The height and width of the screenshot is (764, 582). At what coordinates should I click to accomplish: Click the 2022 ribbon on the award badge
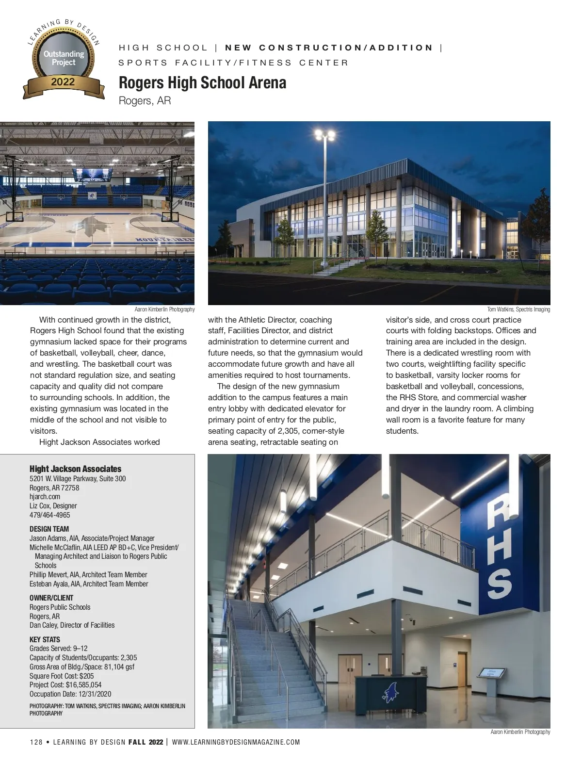click(x=63, y=83)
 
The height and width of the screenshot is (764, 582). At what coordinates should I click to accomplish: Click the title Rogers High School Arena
click(x=202, y=83)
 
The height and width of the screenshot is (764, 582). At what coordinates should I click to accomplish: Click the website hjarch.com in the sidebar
click(x=45, y=497)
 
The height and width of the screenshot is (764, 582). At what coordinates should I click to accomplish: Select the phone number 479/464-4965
click(x=49, y=515)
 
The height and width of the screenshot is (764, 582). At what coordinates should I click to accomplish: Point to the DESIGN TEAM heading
click(x=49, y=529)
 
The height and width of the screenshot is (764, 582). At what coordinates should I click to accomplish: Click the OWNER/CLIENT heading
click(x=51, y=598)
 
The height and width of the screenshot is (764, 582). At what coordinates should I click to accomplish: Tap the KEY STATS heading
click(x=45, y=639)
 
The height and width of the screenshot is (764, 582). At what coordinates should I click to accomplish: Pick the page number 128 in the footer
click(x=36, y=742)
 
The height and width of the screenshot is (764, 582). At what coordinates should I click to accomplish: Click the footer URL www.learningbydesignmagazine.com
click(x=236, y=742)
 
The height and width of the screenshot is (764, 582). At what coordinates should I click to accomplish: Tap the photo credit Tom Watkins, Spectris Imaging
click(x=518, y=309)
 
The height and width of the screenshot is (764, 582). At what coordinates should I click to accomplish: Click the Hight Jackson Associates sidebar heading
click(x=75, y=469)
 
